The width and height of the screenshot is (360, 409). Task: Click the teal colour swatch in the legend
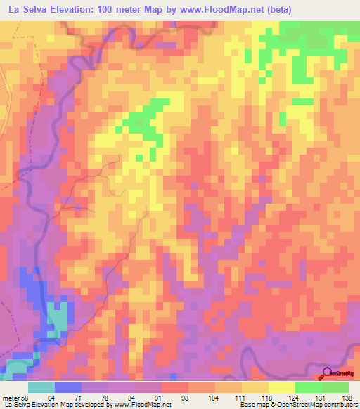tap(41, 387)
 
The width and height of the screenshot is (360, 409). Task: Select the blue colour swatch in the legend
tap(68, 387)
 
